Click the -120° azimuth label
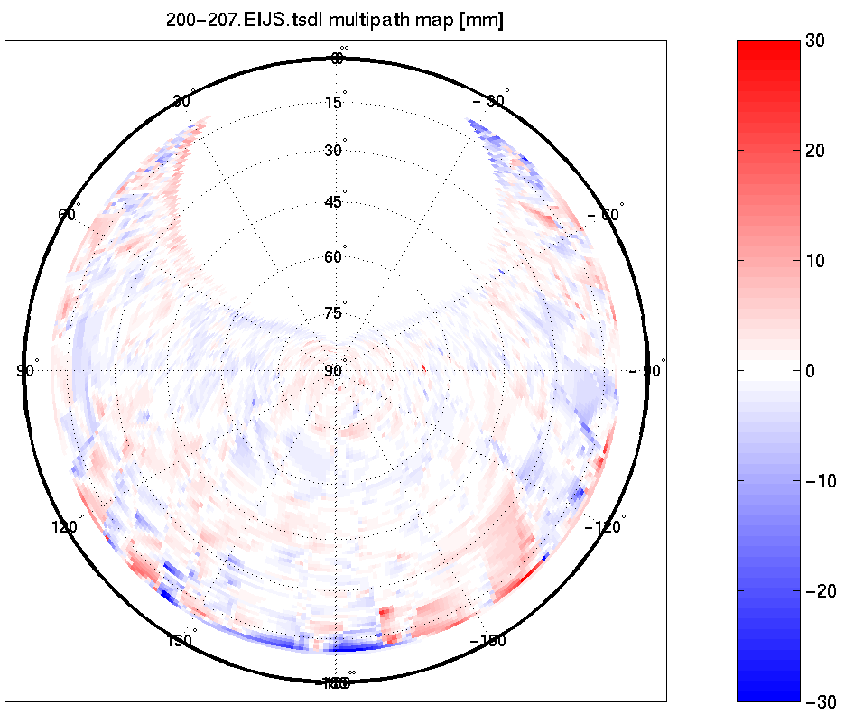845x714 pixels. pyautogui.click(x=607, y=526)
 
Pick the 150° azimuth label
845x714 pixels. pyautogui.click(x=181, y=641)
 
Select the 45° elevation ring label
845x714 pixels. pyautogui.click(x=334, y=202)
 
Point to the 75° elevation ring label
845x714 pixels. pyautogui.click(x=334, y=314)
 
